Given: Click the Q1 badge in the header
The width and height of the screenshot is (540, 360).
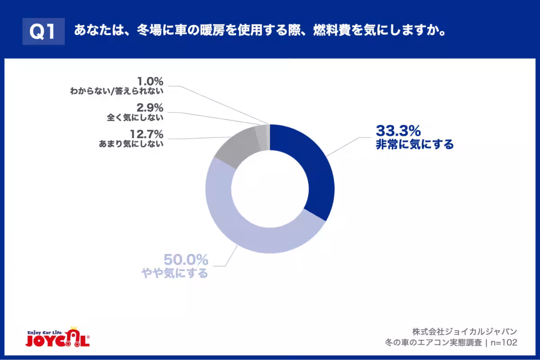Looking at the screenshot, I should (44, 31).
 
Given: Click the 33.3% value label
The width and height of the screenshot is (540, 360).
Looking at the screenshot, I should (398, 131).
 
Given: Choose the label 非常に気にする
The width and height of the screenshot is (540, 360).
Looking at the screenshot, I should (414, 145).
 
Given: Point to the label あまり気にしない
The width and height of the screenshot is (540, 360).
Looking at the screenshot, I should (130, 144).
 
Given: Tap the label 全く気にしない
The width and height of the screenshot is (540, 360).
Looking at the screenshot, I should (135, 118).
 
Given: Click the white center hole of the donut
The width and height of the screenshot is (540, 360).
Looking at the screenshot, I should (270, 189).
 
